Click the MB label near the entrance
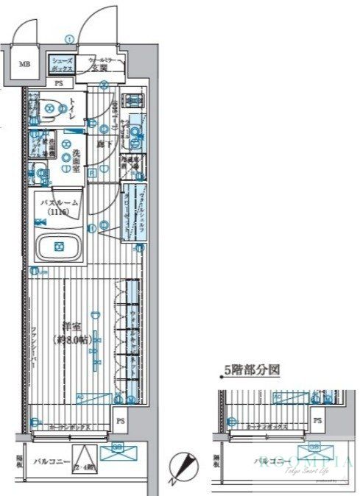pyautogui.click(x=25, y=64)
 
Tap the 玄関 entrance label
pyautogui.click(x=101, y=68)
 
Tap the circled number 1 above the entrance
pyautogui.click(x=68, y=39)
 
